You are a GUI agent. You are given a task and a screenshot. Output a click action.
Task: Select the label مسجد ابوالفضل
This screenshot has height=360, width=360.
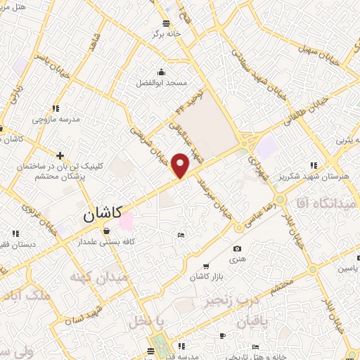click(x=162, y=83)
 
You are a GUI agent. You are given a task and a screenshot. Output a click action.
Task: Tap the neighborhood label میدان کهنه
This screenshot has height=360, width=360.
click(x=98, y=276)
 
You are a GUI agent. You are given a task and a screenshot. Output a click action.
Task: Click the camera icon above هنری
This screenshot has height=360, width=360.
click(x=237, y=248)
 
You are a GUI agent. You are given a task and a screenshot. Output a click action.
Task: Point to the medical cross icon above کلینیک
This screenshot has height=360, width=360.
click(x=60, y=155)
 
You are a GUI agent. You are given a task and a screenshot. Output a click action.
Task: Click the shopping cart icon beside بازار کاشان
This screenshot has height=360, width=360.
click(x=205, y=266)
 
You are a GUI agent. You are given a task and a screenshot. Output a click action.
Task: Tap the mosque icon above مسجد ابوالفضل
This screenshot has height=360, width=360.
click(x=162, y=71)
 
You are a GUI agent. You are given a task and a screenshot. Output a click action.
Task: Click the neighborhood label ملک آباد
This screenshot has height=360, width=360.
click(x=25, y=295)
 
